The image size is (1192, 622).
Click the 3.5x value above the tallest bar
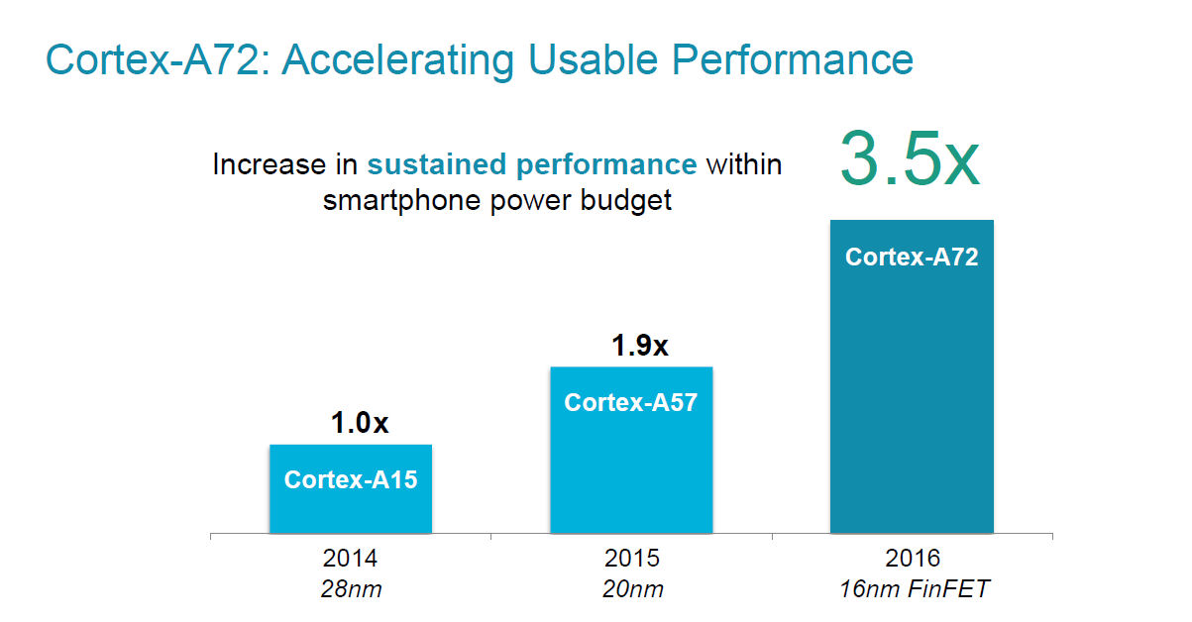point(910,159)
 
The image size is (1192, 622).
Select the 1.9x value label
point(640,346)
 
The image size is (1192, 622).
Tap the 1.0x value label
point(360,423)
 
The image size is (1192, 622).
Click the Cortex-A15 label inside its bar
point(351,479)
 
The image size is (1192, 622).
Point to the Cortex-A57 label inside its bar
point(630,402)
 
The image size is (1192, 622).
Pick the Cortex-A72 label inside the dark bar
point(912,257)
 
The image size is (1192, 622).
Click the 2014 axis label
point(350,559)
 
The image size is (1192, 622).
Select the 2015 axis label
point(631,559)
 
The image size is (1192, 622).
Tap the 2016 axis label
point(913,559)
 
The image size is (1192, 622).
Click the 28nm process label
point(351,589)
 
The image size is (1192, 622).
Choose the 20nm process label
point(633,589)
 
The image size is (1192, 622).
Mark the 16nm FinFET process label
point(914,589)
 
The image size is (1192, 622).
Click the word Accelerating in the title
point(398,60)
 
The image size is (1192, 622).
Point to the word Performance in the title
point(793,59)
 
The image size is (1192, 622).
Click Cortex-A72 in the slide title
point(160,59)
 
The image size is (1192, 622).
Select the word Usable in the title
point(594,59)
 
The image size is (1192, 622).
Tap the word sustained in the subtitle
point(436,163)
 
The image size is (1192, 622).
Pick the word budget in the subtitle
point(626,201)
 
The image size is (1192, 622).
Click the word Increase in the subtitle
point(270,163)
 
